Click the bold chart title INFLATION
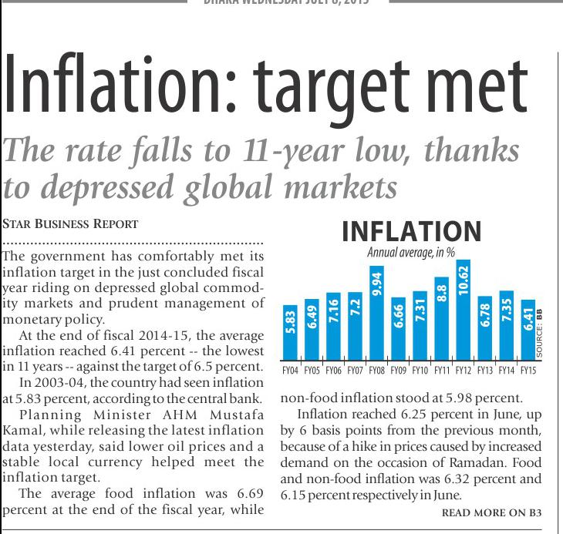[411, 232]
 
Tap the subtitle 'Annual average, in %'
[410, 253]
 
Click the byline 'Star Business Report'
[71, 224]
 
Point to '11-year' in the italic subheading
[335, 150]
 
